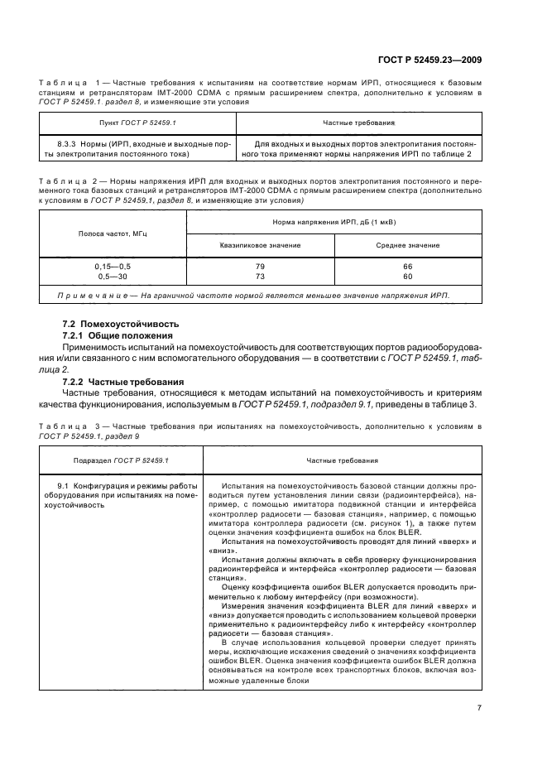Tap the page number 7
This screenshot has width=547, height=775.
click(479, 707)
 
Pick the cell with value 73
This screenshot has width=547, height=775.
click(260, 276)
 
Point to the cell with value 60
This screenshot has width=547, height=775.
click(407, 276)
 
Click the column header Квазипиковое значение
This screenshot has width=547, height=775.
click(260, 245)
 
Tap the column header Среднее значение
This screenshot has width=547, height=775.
click(407, 245)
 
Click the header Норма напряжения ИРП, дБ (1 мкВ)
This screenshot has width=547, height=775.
click(334, 222)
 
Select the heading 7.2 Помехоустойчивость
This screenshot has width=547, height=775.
click(120, 324)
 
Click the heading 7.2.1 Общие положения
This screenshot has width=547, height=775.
click(116, 335)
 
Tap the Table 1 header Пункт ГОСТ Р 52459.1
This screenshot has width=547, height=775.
click(137, 123)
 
